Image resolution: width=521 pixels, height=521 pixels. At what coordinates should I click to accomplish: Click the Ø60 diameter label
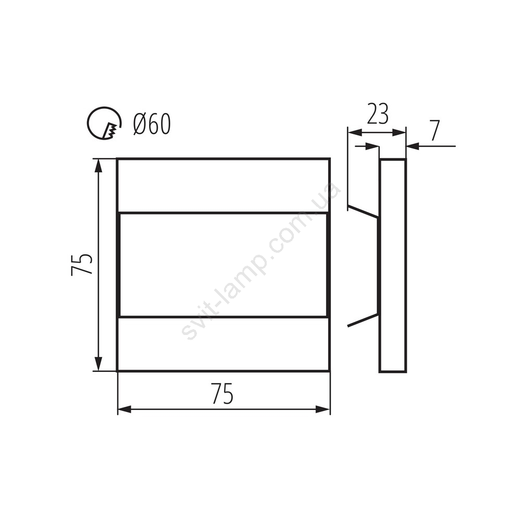pyautogui.click(x=152, y=124)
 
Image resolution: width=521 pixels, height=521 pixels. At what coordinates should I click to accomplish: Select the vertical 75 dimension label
pyautogui.click(x=82, y=265)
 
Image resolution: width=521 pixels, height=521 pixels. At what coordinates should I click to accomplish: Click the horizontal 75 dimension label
pyautogui.click(x=222, y=393)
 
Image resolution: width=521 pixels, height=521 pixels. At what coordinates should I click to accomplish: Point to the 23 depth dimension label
pyautogui.click(x=377, y=114)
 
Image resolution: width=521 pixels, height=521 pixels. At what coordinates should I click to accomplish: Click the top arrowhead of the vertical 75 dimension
pyautogui.click(x=98, y=166)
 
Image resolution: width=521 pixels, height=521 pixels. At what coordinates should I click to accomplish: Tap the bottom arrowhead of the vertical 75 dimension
pyautogui.click(x=98, y=364)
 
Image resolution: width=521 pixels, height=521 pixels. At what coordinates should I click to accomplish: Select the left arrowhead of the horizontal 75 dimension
pyautogui.click(x=125, y=410)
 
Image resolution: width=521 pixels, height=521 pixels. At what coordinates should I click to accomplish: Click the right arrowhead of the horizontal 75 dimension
pyautogui.click(x=322, y=410)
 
